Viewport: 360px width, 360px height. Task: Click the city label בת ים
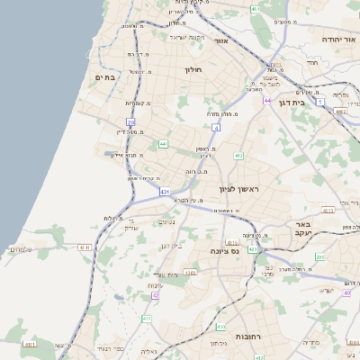point(107,78)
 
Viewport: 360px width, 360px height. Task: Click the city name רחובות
point(247,335)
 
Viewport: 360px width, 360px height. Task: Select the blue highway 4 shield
point(215,128)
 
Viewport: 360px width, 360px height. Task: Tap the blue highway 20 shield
point(130,121)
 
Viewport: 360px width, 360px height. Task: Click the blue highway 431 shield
point(165,192)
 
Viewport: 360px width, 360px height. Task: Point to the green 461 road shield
point(256,9)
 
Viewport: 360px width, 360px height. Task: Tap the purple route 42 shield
point(155,295)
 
